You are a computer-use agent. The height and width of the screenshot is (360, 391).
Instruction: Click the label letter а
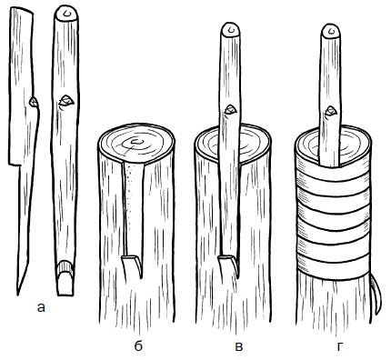41,308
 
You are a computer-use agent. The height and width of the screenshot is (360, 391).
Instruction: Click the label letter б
138,345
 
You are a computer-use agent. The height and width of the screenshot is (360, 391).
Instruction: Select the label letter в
239,346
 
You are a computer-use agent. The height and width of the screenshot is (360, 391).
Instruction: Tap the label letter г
339,346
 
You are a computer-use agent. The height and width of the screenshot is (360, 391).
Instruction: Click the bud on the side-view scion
34,102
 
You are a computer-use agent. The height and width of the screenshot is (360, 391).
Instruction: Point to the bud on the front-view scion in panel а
66,100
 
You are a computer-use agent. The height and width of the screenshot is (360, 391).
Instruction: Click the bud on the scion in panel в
230,109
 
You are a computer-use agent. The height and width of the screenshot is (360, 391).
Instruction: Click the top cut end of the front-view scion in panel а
66,14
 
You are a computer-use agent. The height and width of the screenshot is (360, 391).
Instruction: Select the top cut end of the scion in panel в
231,29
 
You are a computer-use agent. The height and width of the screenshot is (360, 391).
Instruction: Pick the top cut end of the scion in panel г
331,31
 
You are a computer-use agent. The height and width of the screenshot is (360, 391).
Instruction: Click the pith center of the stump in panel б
137,141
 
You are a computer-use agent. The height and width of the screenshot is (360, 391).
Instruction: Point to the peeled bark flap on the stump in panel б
132,266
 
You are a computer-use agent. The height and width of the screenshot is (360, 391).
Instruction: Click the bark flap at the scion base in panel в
227,265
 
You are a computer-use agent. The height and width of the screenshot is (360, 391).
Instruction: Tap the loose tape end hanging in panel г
376,294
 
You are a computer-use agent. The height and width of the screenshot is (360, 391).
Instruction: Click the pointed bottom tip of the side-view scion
18,294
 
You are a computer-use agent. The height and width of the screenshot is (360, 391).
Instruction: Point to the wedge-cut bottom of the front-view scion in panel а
65,278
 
